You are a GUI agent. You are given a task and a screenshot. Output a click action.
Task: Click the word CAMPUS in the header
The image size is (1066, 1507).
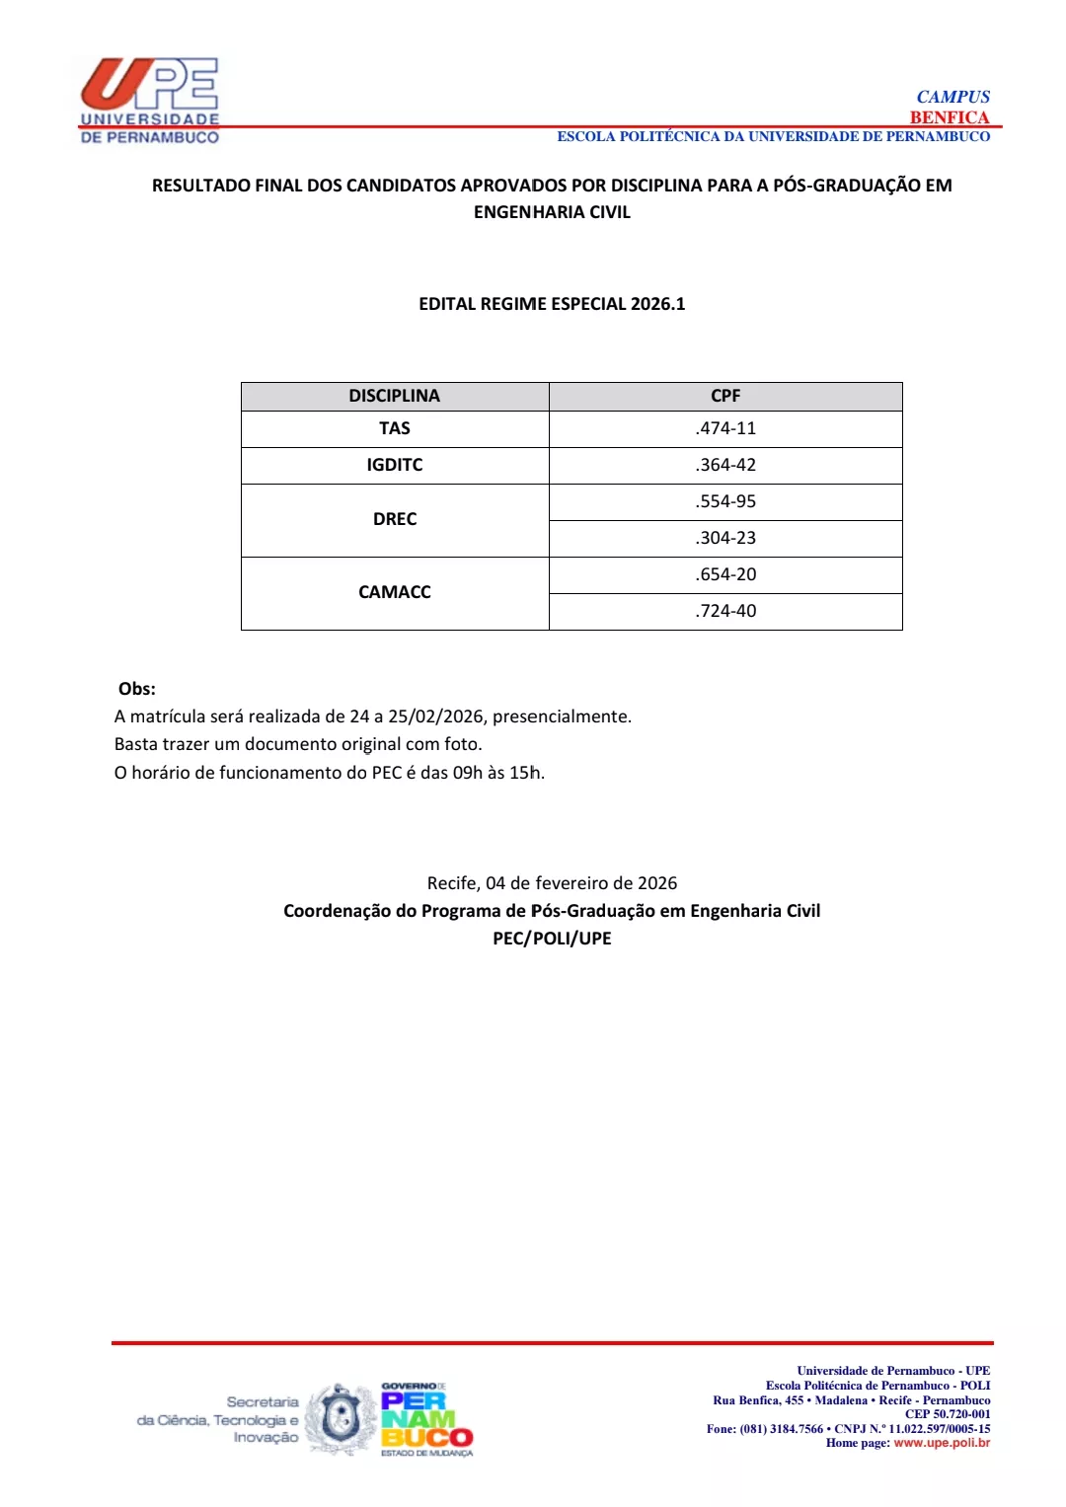click(x=952, y=97)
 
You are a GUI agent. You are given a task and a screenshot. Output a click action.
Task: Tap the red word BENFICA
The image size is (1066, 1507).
click(x=949, y=117)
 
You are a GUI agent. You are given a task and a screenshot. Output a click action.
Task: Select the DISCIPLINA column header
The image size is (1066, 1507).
click(x=394, y=396)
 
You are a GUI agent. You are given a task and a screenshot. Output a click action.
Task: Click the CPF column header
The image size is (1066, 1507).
click(x=725, y=396)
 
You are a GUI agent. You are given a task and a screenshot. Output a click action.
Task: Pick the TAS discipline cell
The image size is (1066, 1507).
click(x=394, y=428)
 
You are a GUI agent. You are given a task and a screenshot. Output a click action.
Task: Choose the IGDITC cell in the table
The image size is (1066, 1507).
click(x=394, y=465)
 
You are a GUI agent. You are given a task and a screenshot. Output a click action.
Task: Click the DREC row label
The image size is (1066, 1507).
click(x=394, y=519)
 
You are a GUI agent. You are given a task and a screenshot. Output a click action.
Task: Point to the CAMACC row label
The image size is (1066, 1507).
click(x=394, y=592)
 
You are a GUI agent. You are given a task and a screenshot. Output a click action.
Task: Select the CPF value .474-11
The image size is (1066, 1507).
click(x=725, y=428)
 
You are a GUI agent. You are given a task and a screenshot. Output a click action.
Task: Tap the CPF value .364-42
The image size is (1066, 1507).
click(x=725, y=465)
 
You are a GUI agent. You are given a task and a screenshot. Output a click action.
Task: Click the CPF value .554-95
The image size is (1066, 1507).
click(x=725, y=501)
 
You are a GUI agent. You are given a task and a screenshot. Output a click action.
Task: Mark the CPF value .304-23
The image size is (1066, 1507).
click(x=725, y=538)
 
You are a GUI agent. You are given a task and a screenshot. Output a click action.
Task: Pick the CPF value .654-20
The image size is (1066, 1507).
click(x=725, y=574)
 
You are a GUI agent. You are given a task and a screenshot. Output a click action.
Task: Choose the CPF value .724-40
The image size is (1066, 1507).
click(x=725, y=611)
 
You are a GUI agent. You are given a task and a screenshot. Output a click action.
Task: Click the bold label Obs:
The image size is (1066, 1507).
click(x=136, y=689)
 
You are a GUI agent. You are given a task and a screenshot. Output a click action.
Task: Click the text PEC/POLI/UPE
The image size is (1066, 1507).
click(x=552, y=939)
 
